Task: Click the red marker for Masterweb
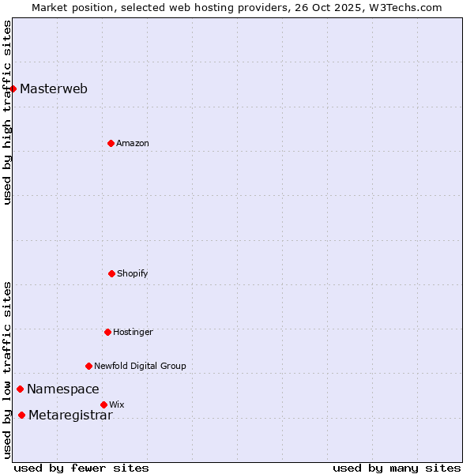coord(13,88)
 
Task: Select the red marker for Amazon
coord(111,143)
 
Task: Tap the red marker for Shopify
coord(111,273)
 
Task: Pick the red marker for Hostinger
coord(107,332)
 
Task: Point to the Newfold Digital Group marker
coord(88,366)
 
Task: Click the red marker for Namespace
coord(20,389)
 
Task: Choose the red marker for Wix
coord(103,404)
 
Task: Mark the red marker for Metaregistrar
coord(21,416)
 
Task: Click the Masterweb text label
coord(54,88)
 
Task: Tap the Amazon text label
coord(133,143)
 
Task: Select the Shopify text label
coord(133,273)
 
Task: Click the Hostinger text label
coord(133,332)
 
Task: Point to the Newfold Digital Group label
coord(140,366)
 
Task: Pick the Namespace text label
coord(63,389)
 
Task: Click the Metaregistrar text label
coord(70,416)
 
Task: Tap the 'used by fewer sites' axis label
coord(81,468)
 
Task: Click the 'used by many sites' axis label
coord(397,468)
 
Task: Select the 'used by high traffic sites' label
coord(7,112)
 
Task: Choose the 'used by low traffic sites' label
coord(7,370)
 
